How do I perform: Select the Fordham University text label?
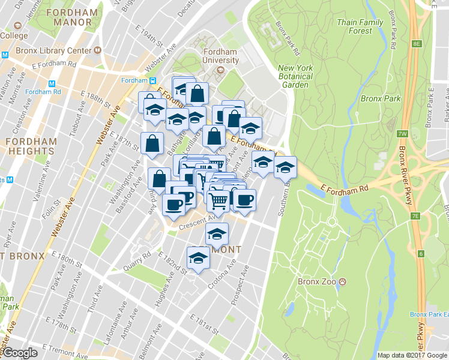[220, 56]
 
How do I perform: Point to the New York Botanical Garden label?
[295, 76]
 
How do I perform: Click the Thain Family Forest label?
[360, 26]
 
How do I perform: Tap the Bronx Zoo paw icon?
[342, 281]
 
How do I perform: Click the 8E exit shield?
[417, 44]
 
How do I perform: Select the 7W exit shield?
[402, 133]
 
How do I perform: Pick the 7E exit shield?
[415, 216]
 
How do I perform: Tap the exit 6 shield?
[421, 254]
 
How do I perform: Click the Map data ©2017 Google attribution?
[412, 355]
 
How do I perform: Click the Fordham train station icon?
[153, 80]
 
